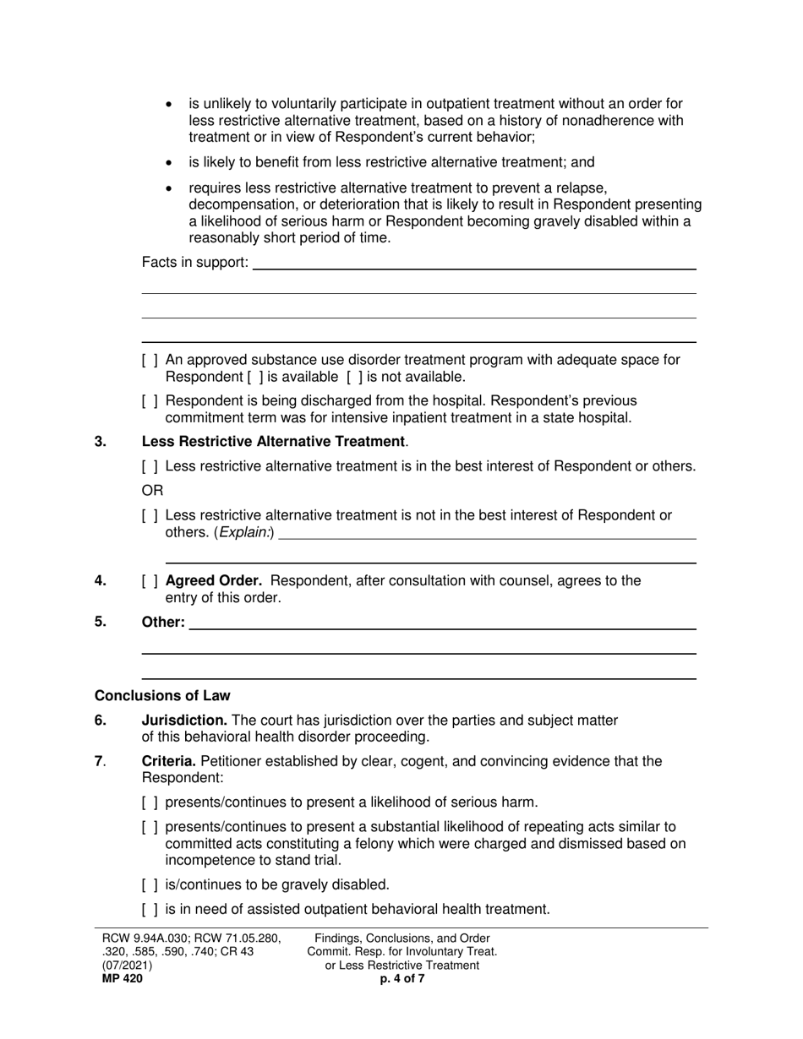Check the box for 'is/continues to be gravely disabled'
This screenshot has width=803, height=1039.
[x=150, y=885]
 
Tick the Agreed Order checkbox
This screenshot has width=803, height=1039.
[x=150, y=581]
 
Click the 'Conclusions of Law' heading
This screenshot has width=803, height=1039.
[x=162, y=696]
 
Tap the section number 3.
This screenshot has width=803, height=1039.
[x=100, y=442]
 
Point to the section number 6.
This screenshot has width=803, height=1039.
[x=100, y=721]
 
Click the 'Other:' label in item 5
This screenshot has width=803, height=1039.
[x=163, y=623]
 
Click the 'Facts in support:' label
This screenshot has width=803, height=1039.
[x=195, y=263]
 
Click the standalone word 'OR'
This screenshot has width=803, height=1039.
[x=152, y=491]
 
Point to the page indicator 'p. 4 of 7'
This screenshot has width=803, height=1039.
[x=402, y=979]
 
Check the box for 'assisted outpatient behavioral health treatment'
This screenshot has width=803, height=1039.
[x=150, y=910]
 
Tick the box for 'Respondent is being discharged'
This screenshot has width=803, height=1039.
[x=150, y=401]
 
